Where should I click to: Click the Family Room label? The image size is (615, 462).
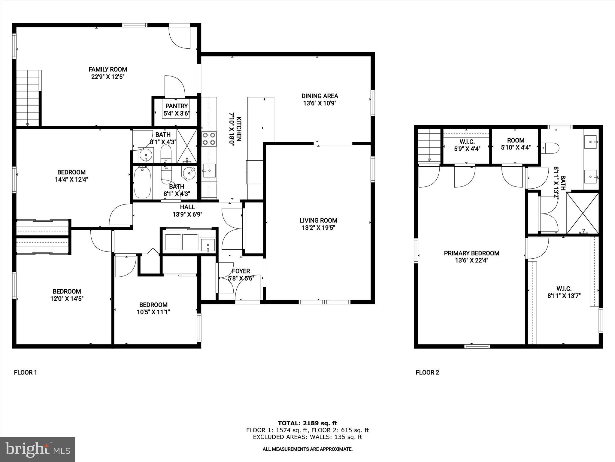pos(108,69)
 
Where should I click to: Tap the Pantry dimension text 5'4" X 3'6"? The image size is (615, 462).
pos(177,114)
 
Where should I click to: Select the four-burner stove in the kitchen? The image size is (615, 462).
pos(209,139)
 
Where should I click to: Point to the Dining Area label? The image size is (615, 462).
pos(320,96)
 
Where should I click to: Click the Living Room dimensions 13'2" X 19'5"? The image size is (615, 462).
pos(318,228)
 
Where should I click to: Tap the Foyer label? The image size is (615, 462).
pos(241,271)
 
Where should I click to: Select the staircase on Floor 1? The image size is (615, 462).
pos(28,98)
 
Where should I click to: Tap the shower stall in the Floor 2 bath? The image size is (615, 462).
pos(582,213)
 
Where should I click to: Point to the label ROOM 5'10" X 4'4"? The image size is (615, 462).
pos(516,144)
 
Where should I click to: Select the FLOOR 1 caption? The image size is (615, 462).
pos(26,373)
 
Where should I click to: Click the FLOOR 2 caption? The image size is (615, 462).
pos(427,373)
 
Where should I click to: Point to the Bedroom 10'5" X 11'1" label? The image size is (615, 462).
pos(153,308)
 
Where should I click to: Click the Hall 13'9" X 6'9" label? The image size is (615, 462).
pos(187,211)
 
